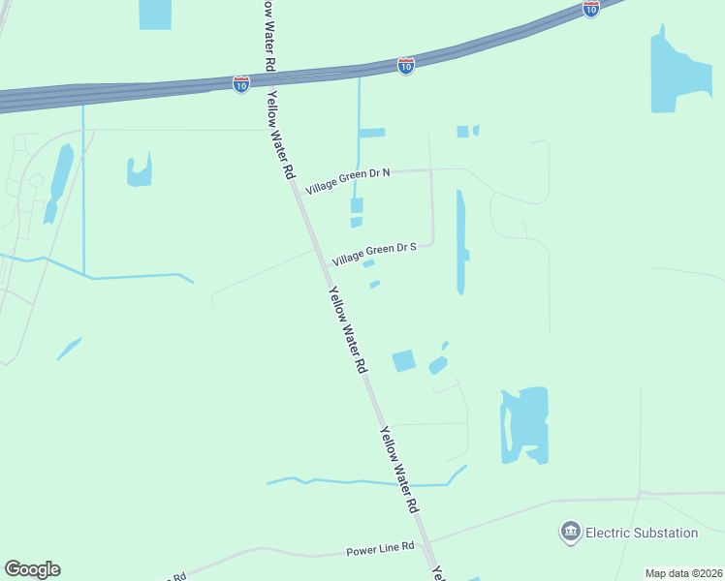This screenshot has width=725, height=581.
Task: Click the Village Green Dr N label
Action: (x=348, y=180)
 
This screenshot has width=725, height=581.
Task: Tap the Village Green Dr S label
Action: (x=374, y=254)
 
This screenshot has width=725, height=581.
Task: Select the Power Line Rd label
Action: (x=381, y=549)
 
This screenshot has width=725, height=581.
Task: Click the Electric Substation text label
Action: (x=642, y=533)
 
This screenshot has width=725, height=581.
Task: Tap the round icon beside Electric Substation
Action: (x=570, y=532)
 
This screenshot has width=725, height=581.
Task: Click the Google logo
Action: (x=32, y=569)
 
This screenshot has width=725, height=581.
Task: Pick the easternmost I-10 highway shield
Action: (x=591, y=8)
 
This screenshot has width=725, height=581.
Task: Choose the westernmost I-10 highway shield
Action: (x=241, y=84)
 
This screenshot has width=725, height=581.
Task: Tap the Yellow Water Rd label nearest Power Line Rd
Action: (x=399, y=469)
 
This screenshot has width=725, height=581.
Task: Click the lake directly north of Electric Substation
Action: (x=525, y=424)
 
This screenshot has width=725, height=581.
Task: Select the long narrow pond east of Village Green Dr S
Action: (x=461, y=242)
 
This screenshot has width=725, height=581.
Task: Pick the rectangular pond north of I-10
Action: (x=154, y=14)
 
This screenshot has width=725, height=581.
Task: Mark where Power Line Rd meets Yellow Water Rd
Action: (x=429, y=541)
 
